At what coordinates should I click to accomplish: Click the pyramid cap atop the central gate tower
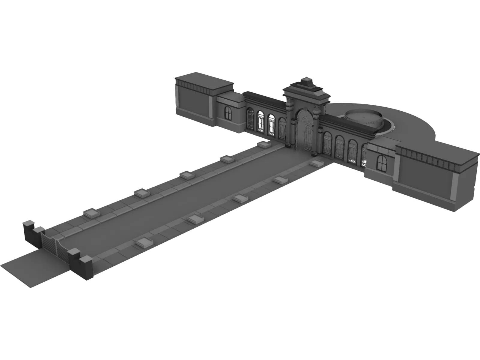tap(306, 81)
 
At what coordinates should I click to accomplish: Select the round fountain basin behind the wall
tap(364, 118)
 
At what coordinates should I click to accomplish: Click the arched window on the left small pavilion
tap(228, 112)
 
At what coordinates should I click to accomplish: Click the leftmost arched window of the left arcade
tap(250, 119)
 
